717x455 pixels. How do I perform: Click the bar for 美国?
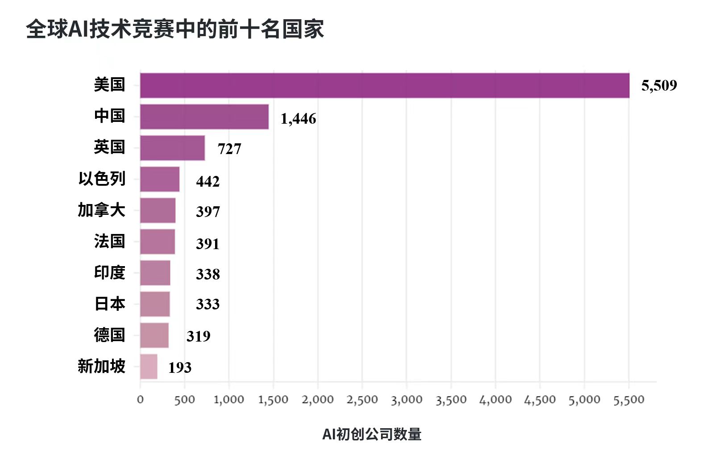(x=385, y=85)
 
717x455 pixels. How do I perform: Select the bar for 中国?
(x=204, y=117)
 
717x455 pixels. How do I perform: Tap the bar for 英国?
(x=172, y=148)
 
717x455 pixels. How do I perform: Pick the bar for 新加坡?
(x=149, y=367)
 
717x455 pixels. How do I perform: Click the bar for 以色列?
(x=160, y=179)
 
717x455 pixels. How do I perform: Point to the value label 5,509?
(x=659, y=85)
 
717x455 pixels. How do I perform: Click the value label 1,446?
(x=298, y=119)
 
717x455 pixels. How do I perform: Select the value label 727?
(x=229, y=149)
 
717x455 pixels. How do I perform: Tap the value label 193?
(x=180, y=367)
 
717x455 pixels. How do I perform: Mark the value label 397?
(x=208, y=212)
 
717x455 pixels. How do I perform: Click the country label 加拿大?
(x=102, y=210)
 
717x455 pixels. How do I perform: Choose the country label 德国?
(x=109, y=335)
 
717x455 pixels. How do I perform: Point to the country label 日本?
(x=110, y=304)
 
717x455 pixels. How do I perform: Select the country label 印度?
(x=110, y=272)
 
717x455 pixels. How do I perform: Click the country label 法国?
(x=110, y=241)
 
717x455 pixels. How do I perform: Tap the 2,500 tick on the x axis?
(x=362, y=400)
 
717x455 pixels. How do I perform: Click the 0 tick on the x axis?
(x=140, y=400)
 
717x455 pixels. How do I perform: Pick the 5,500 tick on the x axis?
(x=629, y=400)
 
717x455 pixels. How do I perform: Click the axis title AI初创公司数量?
(x=372, y=434)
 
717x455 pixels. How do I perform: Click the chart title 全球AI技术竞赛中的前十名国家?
(x=175, y=29)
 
